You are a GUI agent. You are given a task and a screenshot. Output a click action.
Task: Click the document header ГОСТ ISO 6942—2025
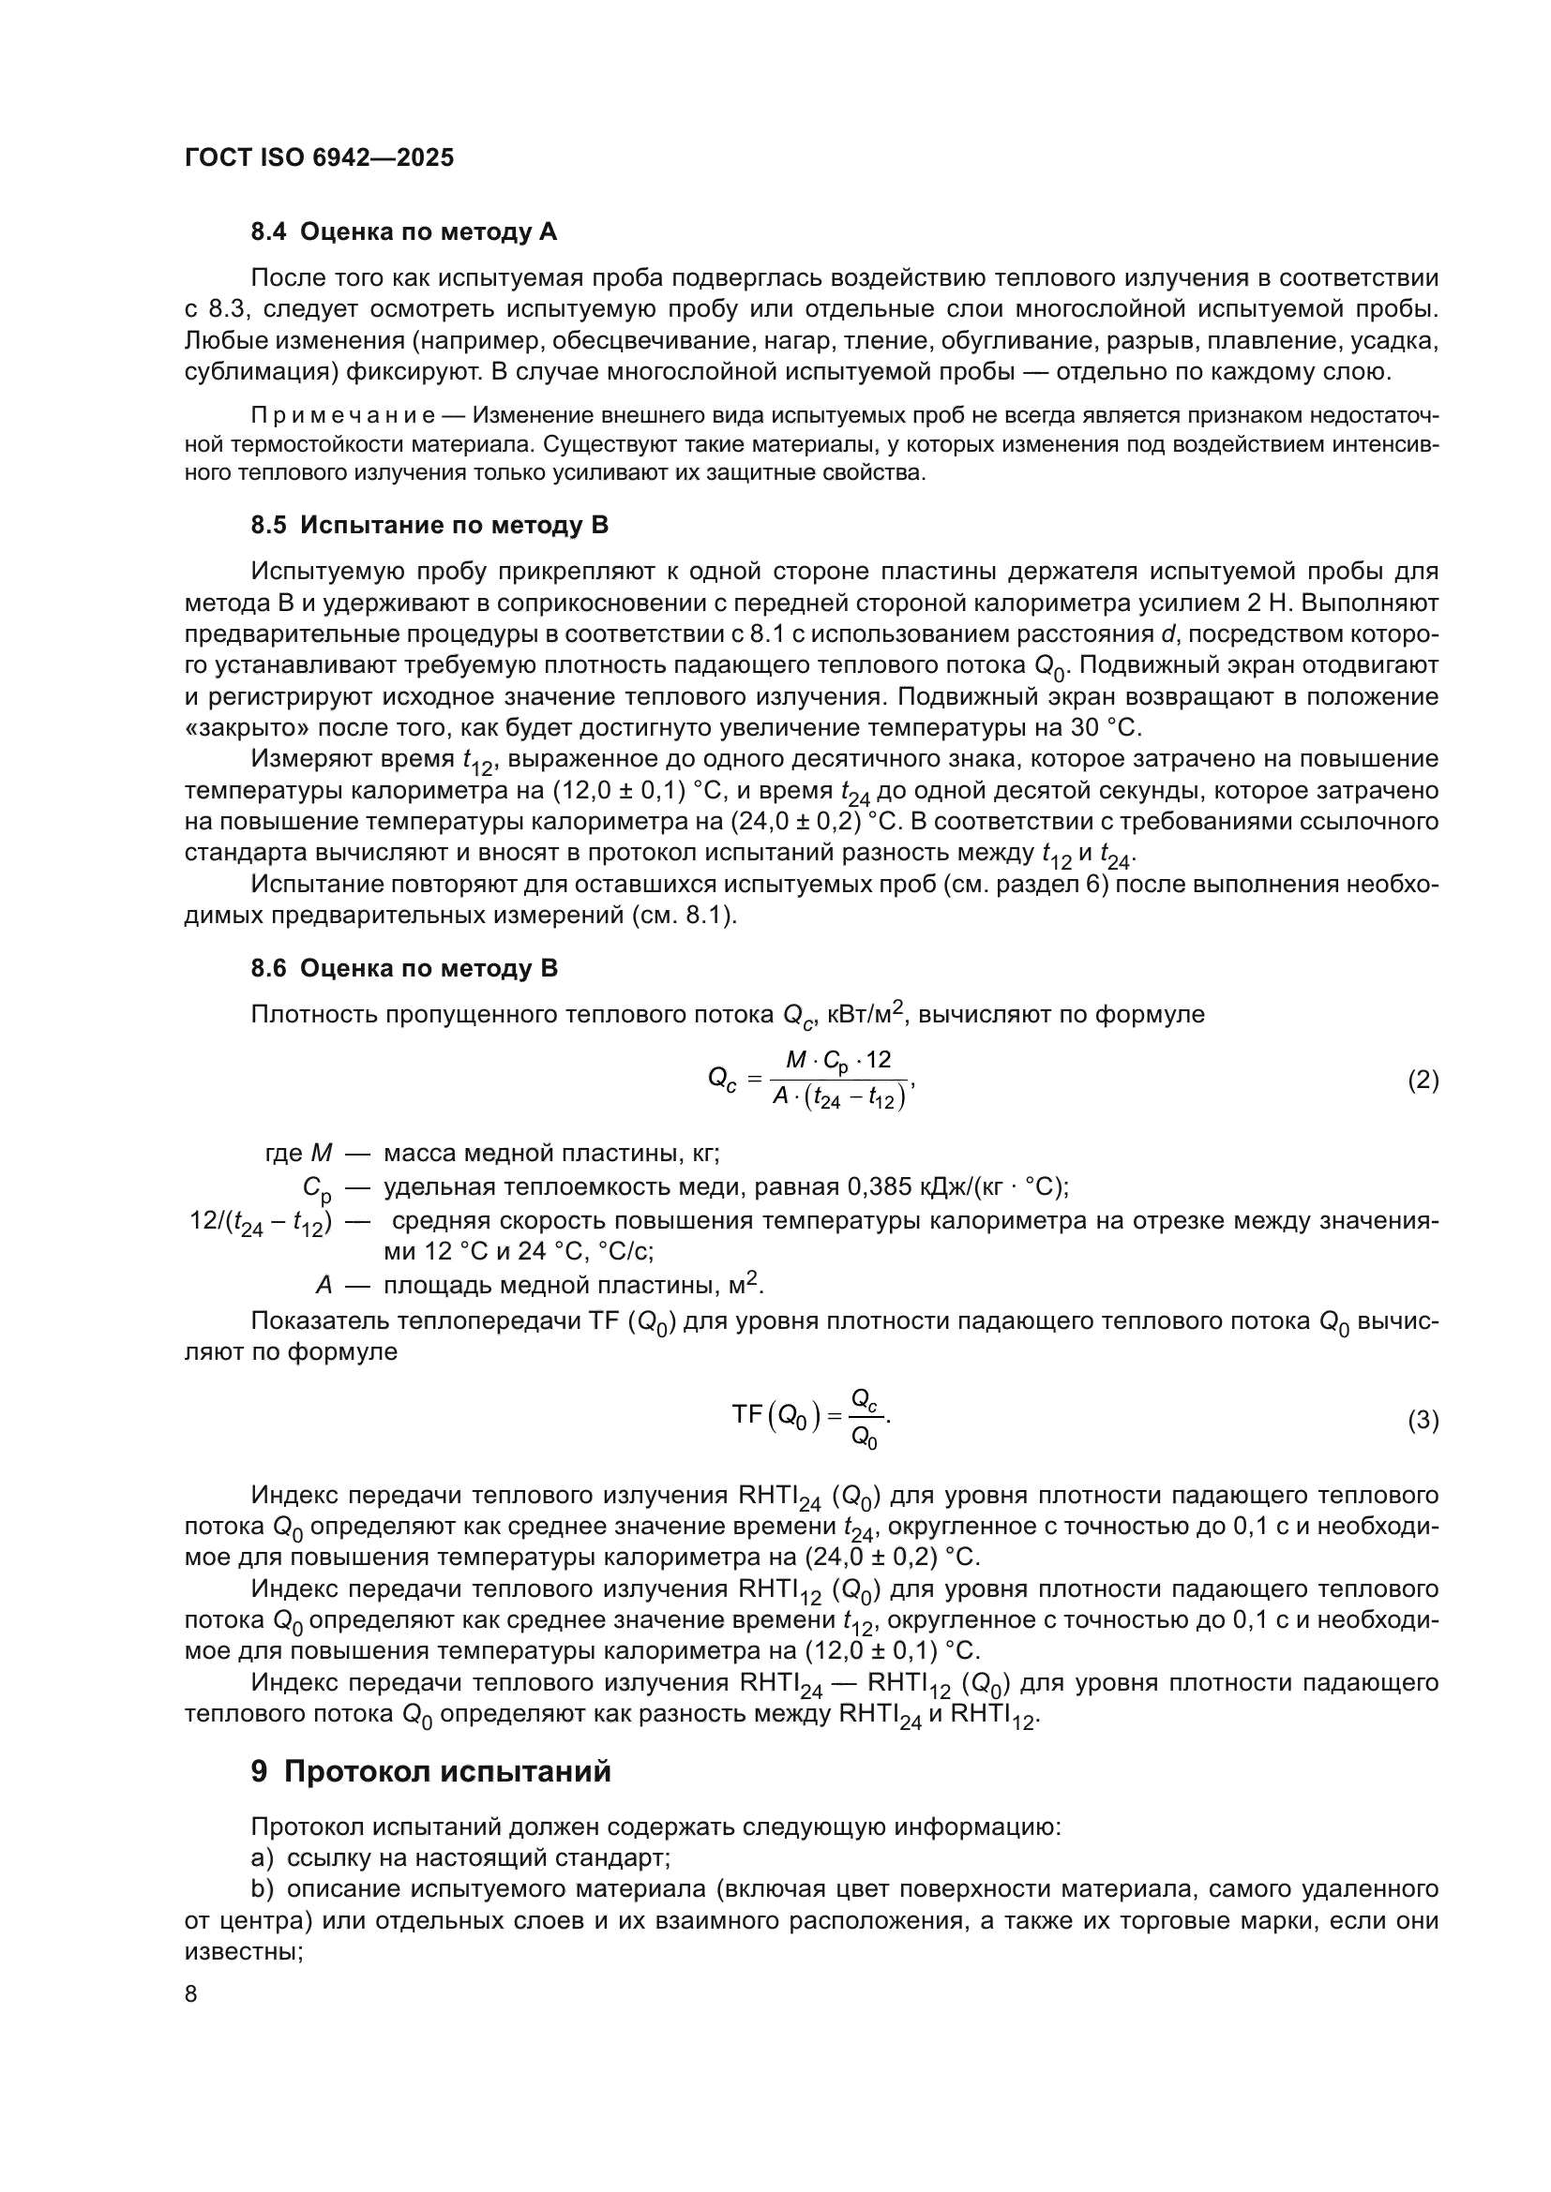[x=319, y=158]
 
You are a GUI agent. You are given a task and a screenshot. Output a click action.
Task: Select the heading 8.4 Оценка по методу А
[x=403, y=232]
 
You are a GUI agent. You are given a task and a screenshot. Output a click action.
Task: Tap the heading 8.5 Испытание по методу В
[x=429, y=525]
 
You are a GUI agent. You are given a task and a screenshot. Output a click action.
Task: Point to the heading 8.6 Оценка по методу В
[x=404, y=968]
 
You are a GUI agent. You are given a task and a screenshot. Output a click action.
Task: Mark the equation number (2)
[x=1423, y=1081]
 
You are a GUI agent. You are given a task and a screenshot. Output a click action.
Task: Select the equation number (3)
[x=1423, y=1421]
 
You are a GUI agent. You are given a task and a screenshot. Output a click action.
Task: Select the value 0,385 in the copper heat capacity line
[x=880, y=1186]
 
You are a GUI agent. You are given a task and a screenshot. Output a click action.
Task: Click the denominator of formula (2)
[x=837, y=1099]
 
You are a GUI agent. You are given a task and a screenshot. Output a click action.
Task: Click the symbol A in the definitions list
[x=324, y=1285]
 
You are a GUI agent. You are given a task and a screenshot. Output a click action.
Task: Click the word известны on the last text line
[x=243, y=1952]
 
